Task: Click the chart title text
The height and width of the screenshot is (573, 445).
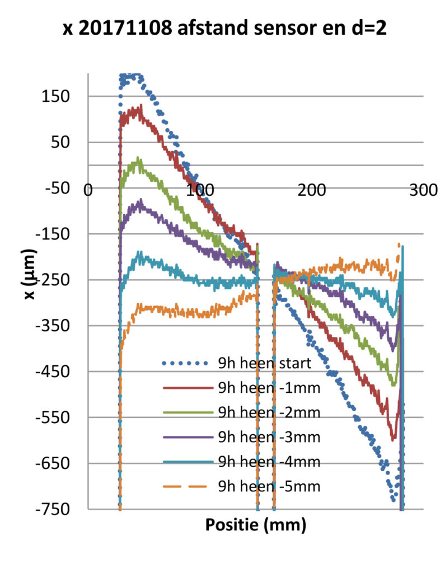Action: [x=224, y=29]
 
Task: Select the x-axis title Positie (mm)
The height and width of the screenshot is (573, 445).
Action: [x=256, y=525]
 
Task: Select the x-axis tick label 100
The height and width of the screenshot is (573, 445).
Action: [x=200, y=190]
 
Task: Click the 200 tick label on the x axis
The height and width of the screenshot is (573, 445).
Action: [x=312, y=190]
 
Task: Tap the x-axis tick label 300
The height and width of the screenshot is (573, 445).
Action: [x=424, y=190]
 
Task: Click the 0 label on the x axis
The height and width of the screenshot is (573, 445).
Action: [x=88, y=190]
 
